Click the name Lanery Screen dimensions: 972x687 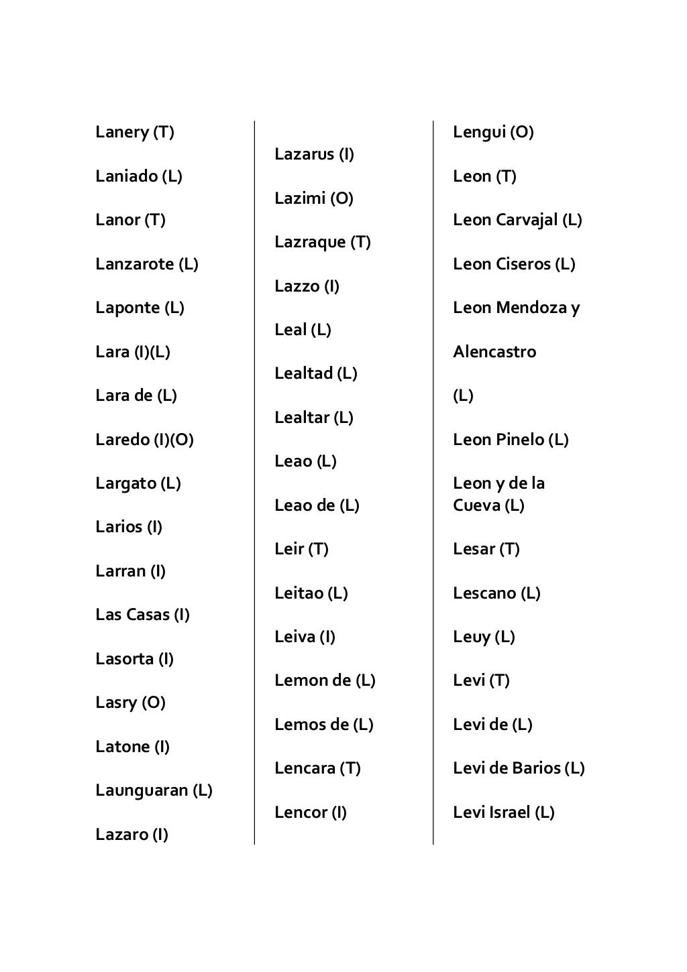click(x=122, y=132)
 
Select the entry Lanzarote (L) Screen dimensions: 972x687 click(x=146, y=264)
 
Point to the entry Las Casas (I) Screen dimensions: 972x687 click(x=142, y=615)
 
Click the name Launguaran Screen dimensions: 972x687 click(x=142, y=790)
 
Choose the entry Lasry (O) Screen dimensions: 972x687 click(x=130, y=703)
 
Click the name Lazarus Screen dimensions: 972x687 click(x=304, y=154)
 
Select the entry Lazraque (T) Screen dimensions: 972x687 click(x=322, y=242)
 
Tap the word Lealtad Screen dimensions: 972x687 click(x=303, y=373)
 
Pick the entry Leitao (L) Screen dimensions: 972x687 click(x=311, y=593)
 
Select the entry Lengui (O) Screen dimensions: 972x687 click(x=493, y=132)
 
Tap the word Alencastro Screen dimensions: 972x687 click(x=494, y=352)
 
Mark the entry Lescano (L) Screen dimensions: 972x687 click(x=496, y=593)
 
